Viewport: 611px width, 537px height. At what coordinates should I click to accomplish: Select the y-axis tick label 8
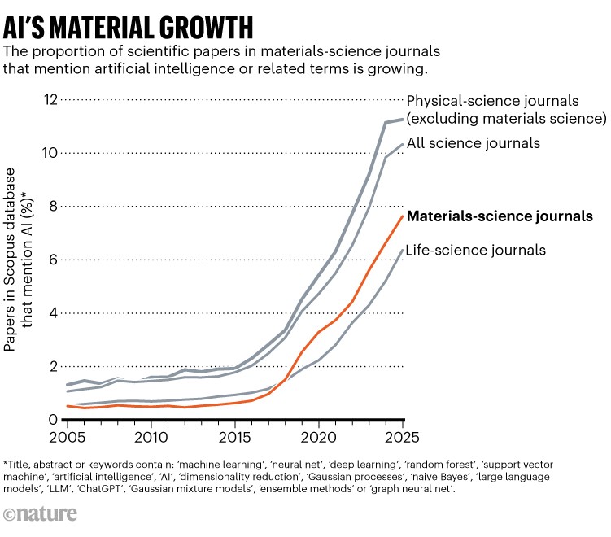coord(54,207)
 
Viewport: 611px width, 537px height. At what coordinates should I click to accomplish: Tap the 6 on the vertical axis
coord(54,260)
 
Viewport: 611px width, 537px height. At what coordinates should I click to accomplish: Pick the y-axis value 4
coord(54,313)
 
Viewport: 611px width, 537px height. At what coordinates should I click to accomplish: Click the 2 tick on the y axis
coord(54,366)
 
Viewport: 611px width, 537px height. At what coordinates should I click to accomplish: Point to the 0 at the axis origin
coord(54,420)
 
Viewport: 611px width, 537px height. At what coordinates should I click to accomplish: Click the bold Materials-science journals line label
coord(499,216)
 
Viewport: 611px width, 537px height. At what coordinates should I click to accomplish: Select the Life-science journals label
coord(476,250)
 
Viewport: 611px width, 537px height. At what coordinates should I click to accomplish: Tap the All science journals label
coord(474,143)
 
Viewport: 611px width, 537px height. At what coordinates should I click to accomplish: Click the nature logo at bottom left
coord(40,514)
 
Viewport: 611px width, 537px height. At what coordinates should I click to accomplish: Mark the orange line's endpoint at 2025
coord(403,216)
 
